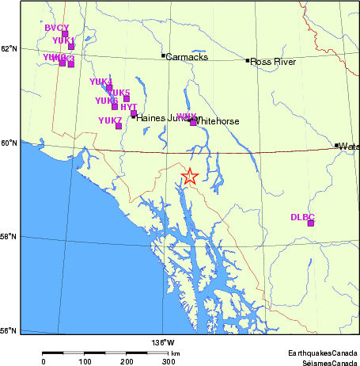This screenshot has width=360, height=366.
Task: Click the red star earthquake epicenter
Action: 190,176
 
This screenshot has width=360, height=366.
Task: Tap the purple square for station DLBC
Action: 311,223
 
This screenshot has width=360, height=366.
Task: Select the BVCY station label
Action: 57,28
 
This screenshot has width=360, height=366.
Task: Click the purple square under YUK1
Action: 71,47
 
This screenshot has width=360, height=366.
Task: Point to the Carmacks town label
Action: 188,56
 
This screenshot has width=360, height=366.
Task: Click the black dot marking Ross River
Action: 248,60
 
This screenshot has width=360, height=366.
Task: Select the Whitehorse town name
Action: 222,121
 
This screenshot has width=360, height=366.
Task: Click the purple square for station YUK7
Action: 119,126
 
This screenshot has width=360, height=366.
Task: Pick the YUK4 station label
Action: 100,82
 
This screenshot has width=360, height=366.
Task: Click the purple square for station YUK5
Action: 126,99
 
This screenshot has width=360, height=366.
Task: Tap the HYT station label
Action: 128,107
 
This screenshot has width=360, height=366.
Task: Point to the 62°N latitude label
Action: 9,48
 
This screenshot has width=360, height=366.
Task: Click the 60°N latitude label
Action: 9,143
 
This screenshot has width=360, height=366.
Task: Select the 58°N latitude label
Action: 9,237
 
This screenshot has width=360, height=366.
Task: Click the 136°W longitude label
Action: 163,342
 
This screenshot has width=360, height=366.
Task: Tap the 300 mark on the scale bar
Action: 169,361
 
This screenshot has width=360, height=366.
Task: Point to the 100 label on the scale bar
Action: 85,361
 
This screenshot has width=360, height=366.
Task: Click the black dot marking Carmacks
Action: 163,55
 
